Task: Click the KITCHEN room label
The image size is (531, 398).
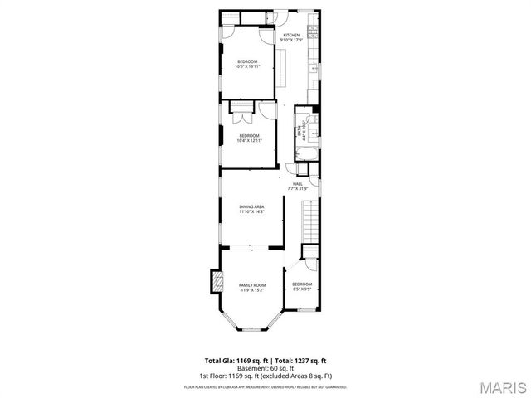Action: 290,35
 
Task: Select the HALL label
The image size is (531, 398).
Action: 297,183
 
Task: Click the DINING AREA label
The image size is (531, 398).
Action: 251,206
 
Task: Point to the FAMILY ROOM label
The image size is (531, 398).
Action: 251,284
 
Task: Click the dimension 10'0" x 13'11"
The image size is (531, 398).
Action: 247,67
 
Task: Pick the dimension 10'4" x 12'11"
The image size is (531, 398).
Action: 250,140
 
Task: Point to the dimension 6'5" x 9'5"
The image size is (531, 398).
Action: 301,289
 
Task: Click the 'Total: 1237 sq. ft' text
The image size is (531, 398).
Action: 300,360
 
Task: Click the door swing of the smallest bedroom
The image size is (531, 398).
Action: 309,262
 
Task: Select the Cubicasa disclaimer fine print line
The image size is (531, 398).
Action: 265,386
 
